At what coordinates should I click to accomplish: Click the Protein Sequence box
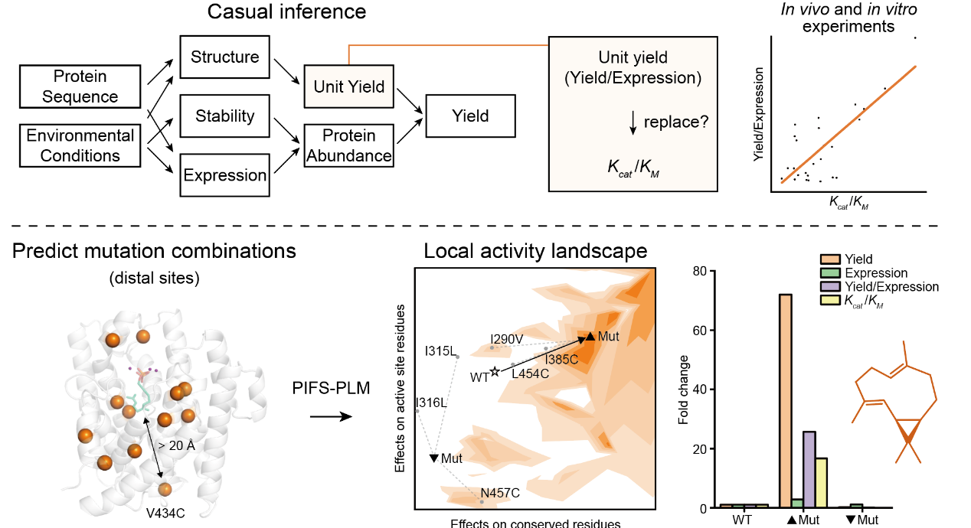pyautogui.click(x=80, y=86)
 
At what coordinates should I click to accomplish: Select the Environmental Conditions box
pyautogui.click(x=80, y=145)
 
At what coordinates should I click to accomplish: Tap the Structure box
pyautogui.click(x=224, y=57)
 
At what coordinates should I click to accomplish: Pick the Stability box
pyautogui.click(x=224, y=116)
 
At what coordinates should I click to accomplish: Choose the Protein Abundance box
pyautogui.click(x=348, y=145)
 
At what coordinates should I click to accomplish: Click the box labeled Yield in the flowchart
pyautogui.click(x=470, y=116)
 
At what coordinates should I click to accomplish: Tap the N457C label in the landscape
pyautogui.click(x=500, y=492)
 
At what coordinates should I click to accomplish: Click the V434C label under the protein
pyautogui.click(x=165, y=510)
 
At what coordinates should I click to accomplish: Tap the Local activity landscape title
pyautogui.click(x=535, y=251)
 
